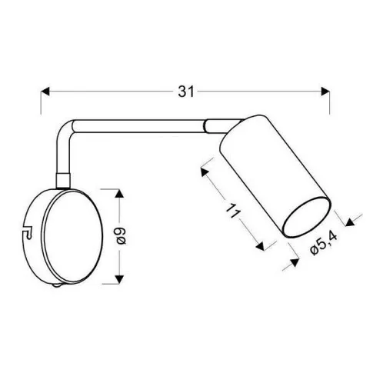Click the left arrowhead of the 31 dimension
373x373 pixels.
click(x=45, y=91)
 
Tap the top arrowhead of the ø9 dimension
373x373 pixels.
click(x=119, y=192)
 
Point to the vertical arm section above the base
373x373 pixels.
click(x=62, y=158)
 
